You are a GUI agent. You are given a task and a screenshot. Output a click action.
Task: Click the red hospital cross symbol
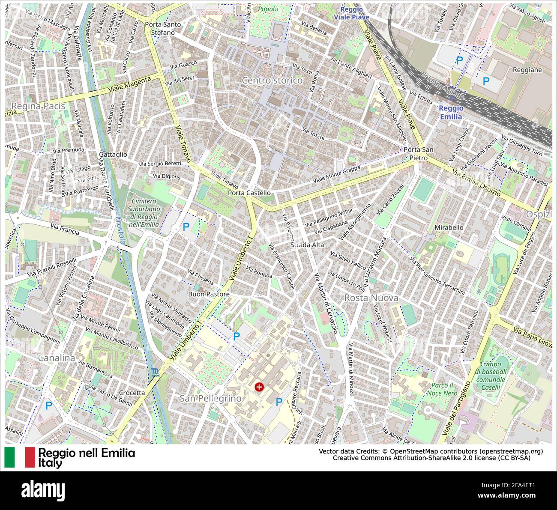pos(259,387)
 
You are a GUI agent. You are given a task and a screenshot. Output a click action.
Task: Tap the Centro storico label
pos(272,81)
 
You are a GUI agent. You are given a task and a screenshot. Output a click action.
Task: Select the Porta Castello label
pos(249,193)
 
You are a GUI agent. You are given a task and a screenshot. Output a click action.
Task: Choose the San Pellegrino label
pos(210,398)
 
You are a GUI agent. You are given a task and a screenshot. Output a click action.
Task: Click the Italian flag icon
pos(20,457)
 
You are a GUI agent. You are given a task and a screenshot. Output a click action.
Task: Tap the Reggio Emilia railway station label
pos(450,112)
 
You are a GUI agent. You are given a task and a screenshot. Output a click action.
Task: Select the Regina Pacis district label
pos(38,106)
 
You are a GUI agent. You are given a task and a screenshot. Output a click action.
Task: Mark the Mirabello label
pos(449,227)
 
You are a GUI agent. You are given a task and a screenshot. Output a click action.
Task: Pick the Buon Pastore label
pos(209,294)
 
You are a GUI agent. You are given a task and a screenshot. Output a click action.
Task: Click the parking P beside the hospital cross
pos(279,402)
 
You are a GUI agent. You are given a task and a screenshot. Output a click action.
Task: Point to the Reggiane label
pos(527,70)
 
